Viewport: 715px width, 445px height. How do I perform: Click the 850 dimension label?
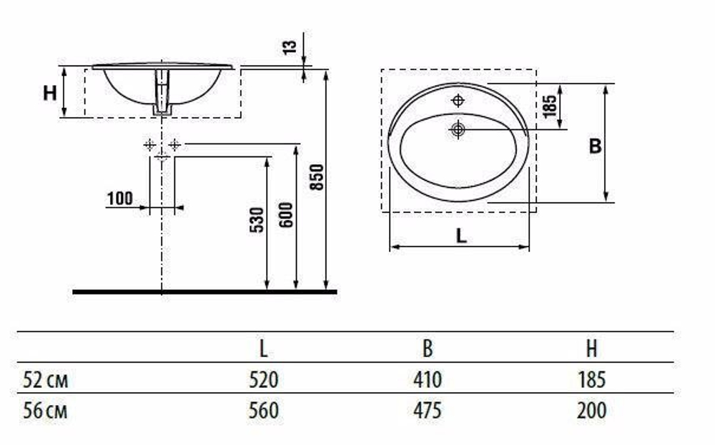click(x=317, y=177)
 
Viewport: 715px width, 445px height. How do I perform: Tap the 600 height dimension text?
click(x=286, y=214)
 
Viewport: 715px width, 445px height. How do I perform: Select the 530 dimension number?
click(x=257, y=220)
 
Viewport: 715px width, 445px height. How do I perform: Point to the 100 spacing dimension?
click(x=120, y=199)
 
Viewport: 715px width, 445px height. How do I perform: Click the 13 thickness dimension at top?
click(x=290, y=47)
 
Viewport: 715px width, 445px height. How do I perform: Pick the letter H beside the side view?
click(x=50, y=93)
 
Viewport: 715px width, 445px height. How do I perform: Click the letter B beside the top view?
click(x=596, y=146)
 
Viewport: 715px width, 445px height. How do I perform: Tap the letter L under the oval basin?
click(x=461, y=236)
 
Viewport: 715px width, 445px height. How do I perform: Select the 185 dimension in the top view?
click(x=551, y=106)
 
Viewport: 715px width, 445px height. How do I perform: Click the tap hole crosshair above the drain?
click(x=458, y=100)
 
